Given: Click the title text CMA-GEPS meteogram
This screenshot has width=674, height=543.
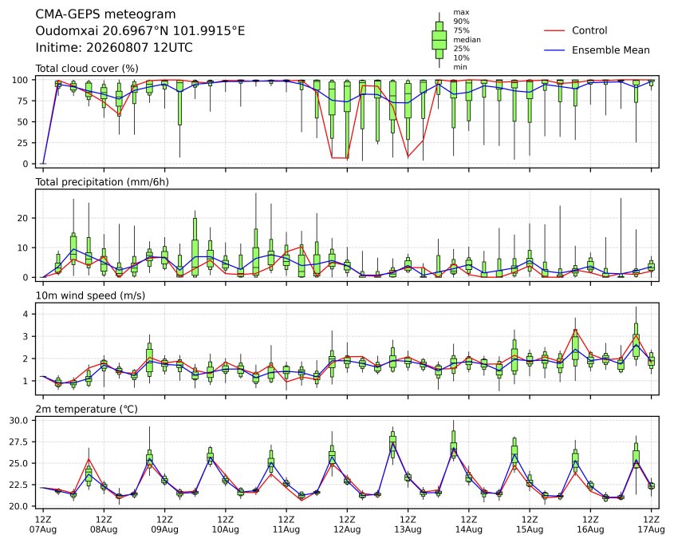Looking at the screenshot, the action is pyautogui.click(x=105, y=14).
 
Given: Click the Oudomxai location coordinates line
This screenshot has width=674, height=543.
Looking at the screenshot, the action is pyautogui.click(x=140, y=31).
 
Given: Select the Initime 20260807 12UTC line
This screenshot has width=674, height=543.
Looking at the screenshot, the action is pyautogui.click(x=114, y=47).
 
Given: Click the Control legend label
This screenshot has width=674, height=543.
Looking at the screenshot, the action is pyautogui.click(x=589, y=30).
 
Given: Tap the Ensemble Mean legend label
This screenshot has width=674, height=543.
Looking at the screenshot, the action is pyautogui.click(x=610, y=50).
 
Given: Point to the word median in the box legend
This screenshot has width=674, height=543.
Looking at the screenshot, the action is pyautogui.click(x=467, y=40).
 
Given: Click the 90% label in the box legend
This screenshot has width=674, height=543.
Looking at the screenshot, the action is pyautogui.click(x=461, y=22).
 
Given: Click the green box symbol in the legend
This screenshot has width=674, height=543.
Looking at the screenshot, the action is pyautogui.click(x=439, y=40).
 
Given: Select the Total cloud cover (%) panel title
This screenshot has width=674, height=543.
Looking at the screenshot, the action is pyautogui.click(x=87, y=69).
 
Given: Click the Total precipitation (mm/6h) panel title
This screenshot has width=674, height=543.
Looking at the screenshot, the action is pyautogui.click(x=102, y=182).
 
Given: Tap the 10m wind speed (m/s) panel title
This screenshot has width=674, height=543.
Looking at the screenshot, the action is pyautogui.click(x=90, y=295).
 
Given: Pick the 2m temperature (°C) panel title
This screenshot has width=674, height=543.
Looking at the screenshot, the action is pyautogui.click(x=86, y=409).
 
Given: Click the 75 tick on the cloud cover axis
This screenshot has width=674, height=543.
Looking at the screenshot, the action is pyautogui.click(x=23, y=101).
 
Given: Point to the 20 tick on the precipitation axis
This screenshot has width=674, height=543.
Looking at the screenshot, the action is pyautogui.click(x=23, y=218).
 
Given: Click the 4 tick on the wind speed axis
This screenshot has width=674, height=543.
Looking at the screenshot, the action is pyautogui.click(x=26, y=314).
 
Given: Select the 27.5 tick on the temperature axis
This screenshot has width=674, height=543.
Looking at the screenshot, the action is pyautogui.click(x=19, y=442).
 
